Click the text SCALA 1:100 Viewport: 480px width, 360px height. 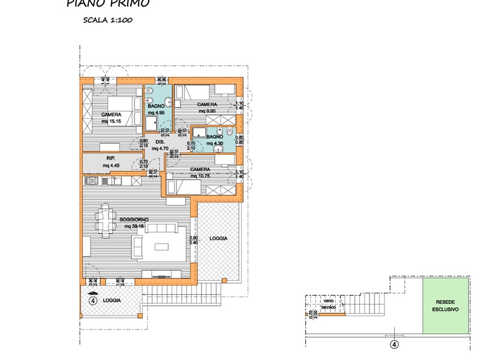click(x=108, y=20)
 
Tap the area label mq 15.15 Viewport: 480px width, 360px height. click(x=111, y=122)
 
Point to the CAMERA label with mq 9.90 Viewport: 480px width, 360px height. click(x=207, y=104)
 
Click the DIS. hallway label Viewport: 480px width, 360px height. click(x=160, y=143)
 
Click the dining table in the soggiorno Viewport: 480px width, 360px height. click(x=107, y=220)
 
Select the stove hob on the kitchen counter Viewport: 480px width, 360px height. click(x=92, y=181)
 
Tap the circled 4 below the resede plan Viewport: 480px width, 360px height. click(x=394, y=344)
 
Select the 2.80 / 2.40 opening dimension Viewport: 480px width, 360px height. click(x=193, y=241)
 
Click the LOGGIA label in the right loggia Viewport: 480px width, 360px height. click(x=218, y=238)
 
